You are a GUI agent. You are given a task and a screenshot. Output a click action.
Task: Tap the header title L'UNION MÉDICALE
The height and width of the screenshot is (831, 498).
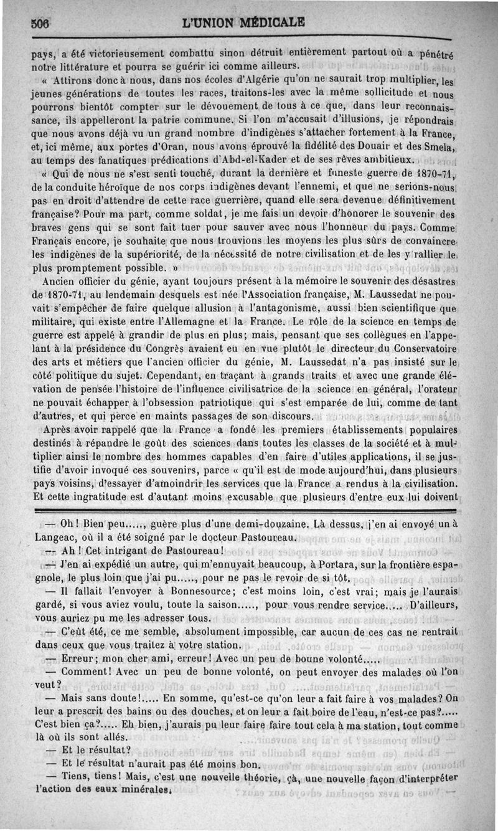click(243, 24)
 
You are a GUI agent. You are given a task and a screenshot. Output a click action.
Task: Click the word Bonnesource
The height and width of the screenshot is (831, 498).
click(178, 592)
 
